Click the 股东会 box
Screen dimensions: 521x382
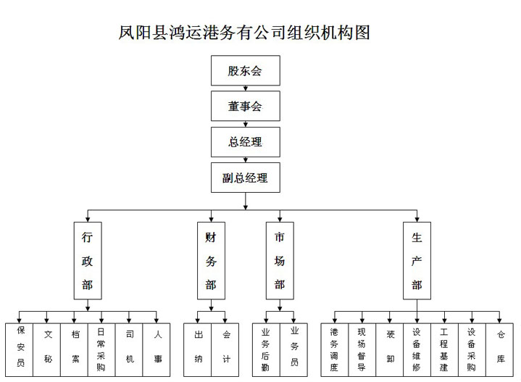point(246,70)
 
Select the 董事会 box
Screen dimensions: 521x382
point(246,106)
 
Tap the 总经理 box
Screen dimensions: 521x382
point(246,142)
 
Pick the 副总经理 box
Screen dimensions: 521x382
point(246,178)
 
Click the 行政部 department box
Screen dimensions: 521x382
point(88,261)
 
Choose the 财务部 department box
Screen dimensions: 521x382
point(211,261)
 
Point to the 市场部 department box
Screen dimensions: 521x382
point(280,261)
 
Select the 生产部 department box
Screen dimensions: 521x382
point(417,261)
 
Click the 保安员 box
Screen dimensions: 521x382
point(20,350)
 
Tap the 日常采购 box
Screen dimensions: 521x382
point(101,350)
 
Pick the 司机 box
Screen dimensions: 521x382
point(129,350)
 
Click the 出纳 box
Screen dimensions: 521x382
point(197,350)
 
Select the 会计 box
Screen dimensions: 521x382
point(225,350)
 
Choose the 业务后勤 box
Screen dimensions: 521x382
point(266,350)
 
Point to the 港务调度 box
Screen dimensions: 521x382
point(335,350)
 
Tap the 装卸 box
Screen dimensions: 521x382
point(389,350)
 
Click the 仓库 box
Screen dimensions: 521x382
point(499,350)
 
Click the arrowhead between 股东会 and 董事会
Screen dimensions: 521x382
point(246,88)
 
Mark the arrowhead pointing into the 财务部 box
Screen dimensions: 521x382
point(211,220)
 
